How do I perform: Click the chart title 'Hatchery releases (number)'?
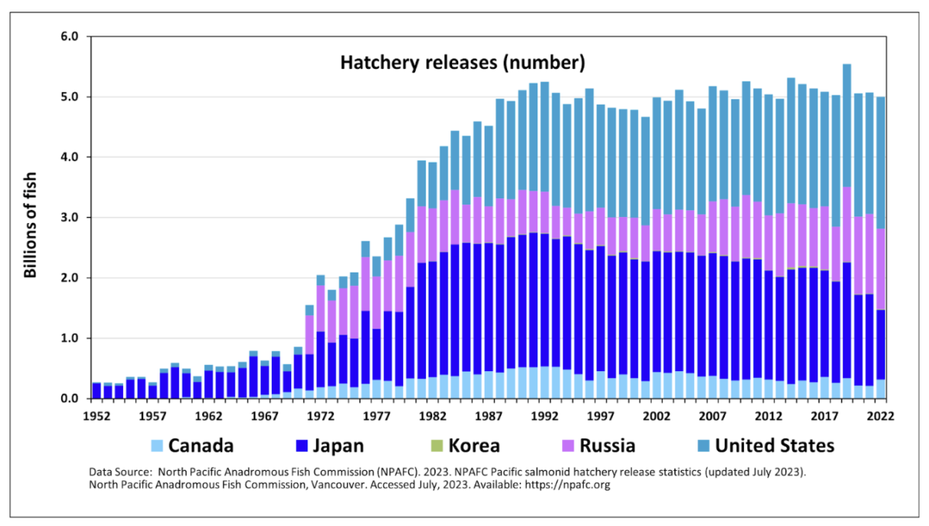click(x=462, y=62)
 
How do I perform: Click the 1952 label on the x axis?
click(x=97, y=415)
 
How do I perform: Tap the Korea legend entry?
click(x=473, y=446)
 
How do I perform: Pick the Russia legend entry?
click(x=606, y=446)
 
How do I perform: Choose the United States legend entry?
click(x=775, y=446)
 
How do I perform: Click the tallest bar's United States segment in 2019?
click(x=847, y=125)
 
